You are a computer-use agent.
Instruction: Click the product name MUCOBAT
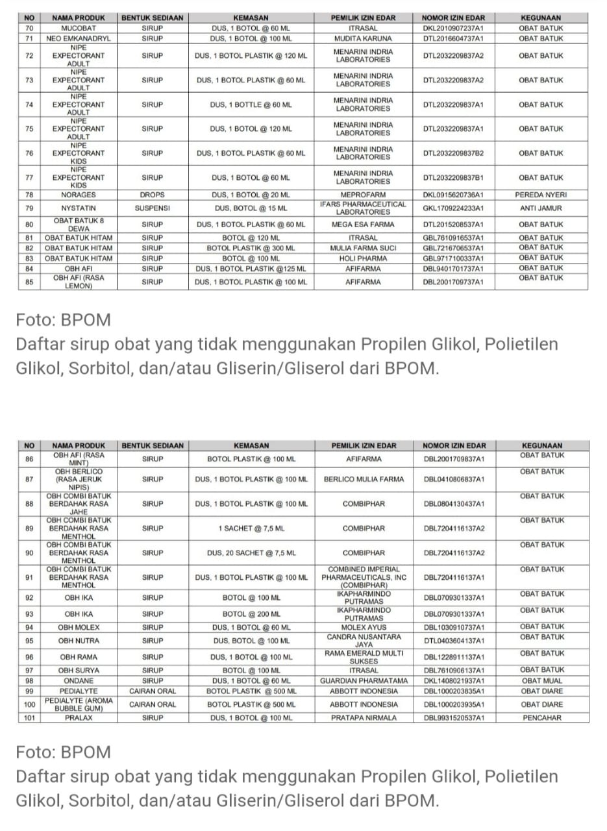point(78,29)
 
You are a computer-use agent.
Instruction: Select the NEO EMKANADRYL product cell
point(78,39)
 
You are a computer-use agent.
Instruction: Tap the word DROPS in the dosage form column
point(152,195)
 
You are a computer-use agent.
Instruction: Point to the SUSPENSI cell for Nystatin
point(152,208)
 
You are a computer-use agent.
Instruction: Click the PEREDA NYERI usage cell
point(541,195)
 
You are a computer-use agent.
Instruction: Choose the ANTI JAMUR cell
point(541,208)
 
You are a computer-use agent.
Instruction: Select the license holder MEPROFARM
point(363,195)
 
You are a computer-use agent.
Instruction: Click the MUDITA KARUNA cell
point(363,39)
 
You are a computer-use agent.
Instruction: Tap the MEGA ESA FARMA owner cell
point(363,225)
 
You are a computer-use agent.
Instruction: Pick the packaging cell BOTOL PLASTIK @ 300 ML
point(251,248)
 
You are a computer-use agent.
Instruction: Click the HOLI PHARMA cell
point(363,258)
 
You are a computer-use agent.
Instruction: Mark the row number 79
point(29,208)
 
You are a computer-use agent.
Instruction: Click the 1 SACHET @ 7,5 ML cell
point(251,528)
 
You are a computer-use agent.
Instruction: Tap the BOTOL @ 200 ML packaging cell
point(251,614)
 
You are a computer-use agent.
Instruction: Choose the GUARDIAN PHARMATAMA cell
point(364,680)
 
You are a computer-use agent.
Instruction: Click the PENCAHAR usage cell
point(541,718)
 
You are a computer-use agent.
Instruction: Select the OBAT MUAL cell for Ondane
point(541,680)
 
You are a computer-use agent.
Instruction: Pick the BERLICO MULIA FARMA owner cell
point(364,480)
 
